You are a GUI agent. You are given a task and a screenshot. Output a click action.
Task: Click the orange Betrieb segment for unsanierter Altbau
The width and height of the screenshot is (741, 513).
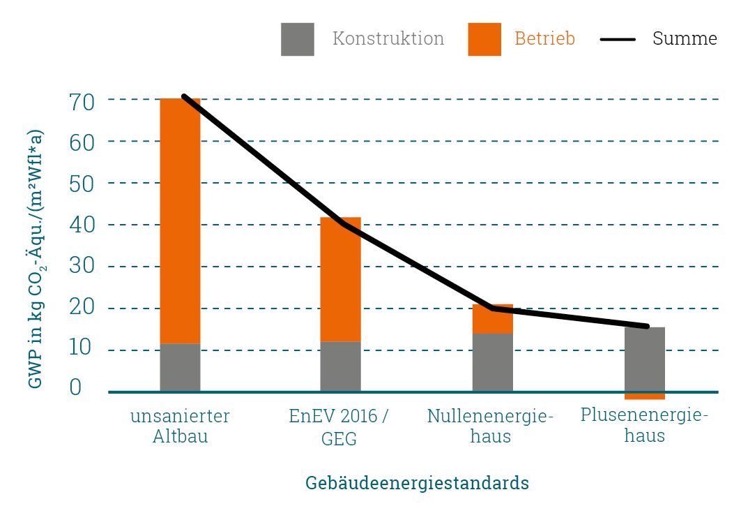(x=180, y=221)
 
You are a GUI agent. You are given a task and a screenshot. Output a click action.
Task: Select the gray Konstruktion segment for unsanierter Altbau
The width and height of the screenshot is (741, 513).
(x=180, y=367)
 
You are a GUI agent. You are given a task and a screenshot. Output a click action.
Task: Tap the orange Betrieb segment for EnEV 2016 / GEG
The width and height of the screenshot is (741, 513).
(x=340, y=279)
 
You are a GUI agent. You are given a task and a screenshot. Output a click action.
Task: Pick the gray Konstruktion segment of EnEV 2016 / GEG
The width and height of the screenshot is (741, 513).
(x=340, y=366)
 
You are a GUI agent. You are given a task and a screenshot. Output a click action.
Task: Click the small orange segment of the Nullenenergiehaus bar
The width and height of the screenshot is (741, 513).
(x=492, y=320)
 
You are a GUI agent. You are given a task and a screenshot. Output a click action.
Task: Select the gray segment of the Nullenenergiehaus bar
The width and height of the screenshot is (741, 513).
(x=492, y=362)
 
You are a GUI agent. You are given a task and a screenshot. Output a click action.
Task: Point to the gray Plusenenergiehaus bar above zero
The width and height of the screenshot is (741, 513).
(x=644, y=359)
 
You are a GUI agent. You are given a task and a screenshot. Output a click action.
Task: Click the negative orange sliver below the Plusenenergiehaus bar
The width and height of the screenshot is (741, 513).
(x=644, y=396)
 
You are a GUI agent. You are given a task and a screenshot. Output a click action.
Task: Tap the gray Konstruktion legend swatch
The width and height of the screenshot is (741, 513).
(x=297, y=39)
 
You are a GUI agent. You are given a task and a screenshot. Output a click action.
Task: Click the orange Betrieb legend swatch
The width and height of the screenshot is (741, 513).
(x=484, y=39)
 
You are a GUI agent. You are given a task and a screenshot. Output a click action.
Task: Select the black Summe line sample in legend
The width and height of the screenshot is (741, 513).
(x=618, y=40)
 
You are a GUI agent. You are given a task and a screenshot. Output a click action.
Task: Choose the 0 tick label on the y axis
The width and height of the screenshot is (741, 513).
(x=76, y=387)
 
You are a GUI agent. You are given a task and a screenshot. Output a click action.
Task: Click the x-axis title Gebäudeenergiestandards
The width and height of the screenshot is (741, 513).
(x=417, y=483)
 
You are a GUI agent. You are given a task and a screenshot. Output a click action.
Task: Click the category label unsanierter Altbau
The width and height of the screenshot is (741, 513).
(x=180, y=426)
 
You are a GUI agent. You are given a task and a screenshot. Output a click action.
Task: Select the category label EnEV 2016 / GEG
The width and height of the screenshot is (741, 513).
(x=339, y=427)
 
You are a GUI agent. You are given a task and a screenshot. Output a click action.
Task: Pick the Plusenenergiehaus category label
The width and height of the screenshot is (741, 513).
(x=644, y=425)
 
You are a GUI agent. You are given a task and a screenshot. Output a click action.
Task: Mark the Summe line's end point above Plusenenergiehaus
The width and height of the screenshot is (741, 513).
(x=647, y=326)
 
